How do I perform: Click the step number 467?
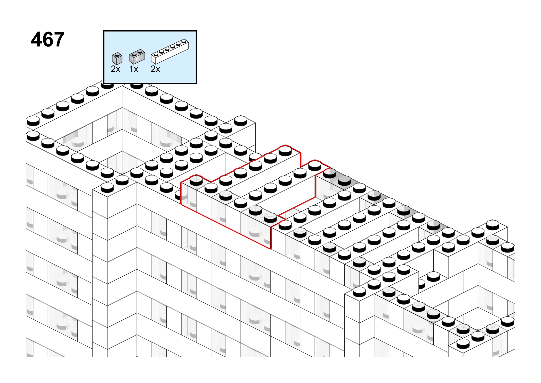[48, 40]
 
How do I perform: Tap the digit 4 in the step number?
[37, 40]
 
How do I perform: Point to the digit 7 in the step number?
[59, 40]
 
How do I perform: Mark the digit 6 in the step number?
[48, 40]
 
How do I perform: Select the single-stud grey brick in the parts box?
[117, 59]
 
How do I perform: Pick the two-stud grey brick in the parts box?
[137, 57]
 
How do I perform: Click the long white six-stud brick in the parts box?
[170, 51]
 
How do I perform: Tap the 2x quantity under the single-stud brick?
[115, 69]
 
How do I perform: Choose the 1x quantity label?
[134, 69]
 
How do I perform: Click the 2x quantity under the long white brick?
[155, 69]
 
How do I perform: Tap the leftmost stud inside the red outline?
[196, 180]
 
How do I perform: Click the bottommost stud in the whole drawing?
[463, 343]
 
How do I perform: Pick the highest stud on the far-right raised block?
[493, 225]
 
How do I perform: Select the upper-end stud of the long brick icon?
[184, 40]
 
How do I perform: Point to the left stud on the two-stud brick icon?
[135, 54]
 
